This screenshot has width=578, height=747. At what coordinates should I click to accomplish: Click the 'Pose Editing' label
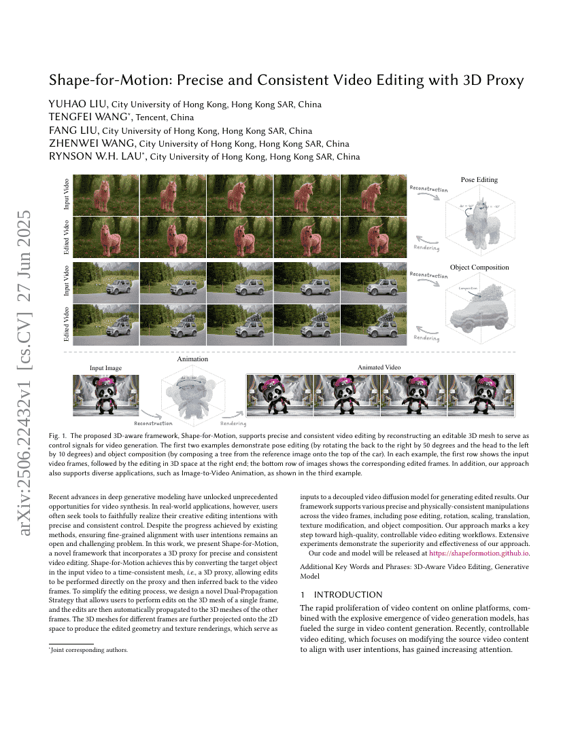(479, 180)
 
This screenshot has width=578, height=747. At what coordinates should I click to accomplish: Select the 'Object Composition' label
(479, 268)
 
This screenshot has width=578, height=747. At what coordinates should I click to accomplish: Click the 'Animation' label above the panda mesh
(192, 359)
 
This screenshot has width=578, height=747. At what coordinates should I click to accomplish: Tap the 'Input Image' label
(105, 368)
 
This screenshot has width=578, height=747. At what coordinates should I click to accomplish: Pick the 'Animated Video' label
(379, 368)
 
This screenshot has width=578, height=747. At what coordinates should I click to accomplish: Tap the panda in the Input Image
(105, 396)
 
